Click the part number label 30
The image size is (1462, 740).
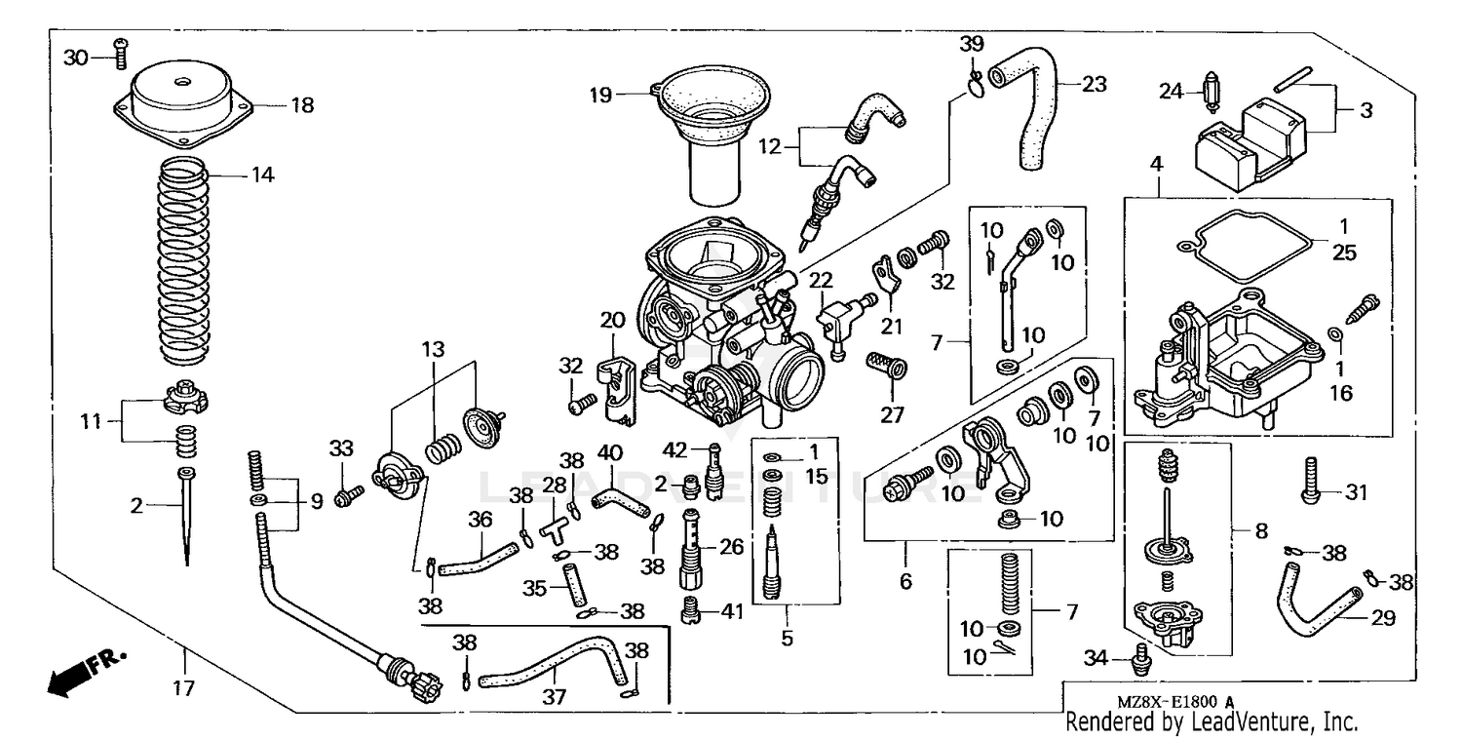coord(75,58)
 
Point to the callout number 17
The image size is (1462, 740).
coord(183,688)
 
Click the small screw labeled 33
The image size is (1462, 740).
coord(343,497)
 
